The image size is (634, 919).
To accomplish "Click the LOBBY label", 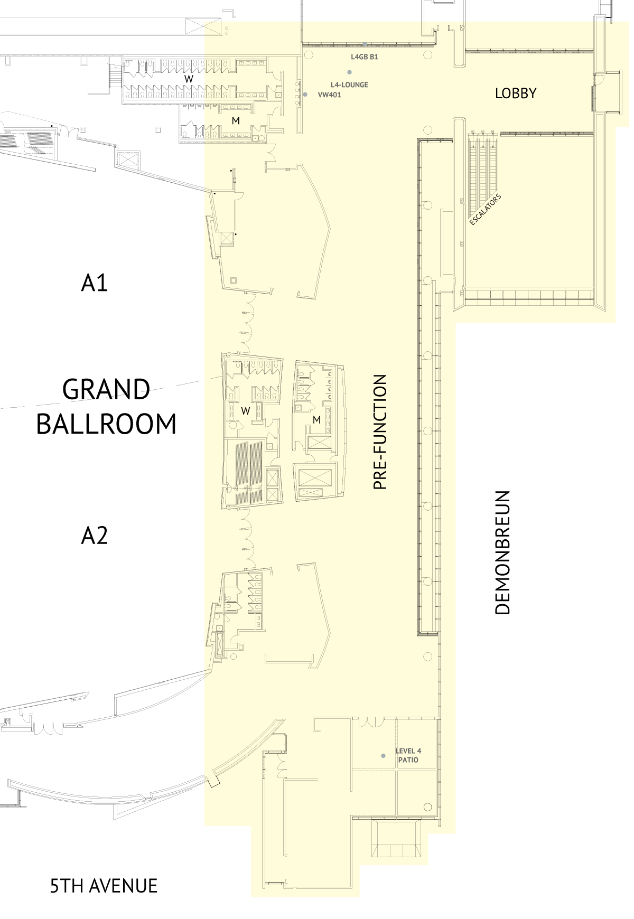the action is tap(515, 93).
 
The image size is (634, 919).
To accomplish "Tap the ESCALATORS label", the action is tap(485, 210).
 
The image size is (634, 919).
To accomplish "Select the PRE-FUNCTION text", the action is tap(380, 432).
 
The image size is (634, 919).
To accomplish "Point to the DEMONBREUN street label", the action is tap(502, 552).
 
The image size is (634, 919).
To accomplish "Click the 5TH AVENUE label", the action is tap(104, 886).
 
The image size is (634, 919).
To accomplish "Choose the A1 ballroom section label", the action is tap(94, 283).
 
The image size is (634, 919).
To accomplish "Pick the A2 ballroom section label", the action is tap(94, 536).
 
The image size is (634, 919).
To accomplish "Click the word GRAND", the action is tap(106, 390).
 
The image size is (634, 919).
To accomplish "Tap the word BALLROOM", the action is tap(106, 424).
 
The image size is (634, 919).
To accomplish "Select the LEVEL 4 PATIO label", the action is tap(408, 755).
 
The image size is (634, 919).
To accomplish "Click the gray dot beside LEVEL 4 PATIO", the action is tap(384, 756).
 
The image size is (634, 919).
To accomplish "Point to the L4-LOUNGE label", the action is tap(349, 85).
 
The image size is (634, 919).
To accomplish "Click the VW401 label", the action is tap(329, 95).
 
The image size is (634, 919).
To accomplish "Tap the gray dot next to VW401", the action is tap(305, 95).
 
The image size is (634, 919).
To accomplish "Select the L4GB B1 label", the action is tap(365, 57).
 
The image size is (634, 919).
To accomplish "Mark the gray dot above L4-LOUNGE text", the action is tap(349, 72).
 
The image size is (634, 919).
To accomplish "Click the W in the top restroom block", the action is tap(189, 79).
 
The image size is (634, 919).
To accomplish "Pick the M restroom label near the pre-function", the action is tap(316, 420).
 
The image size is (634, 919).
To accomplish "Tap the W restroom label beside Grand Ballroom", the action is tap(245, 410).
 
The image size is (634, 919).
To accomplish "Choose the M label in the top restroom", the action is tap(236, 121).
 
